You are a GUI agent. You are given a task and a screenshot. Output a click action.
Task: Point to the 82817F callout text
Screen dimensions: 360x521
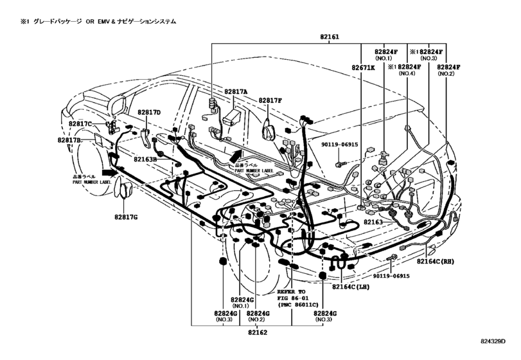point(271,100)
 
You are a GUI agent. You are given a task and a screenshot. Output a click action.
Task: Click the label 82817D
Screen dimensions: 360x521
point(148,113)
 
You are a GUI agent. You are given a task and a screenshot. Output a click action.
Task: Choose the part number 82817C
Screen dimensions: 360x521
point(81,123)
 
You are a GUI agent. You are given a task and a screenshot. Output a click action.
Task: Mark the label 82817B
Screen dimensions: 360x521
point(69,140)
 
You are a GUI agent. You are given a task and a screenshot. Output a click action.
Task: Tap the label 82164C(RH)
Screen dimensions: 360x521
point(434,262)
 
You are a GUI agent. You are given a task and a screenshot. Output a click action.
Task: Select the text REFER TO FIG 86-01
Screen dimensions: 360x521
point(294,294)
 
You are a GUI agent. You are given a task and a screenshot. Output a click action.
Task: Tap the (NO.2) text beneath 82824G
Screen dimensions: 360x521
point(257,320)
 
